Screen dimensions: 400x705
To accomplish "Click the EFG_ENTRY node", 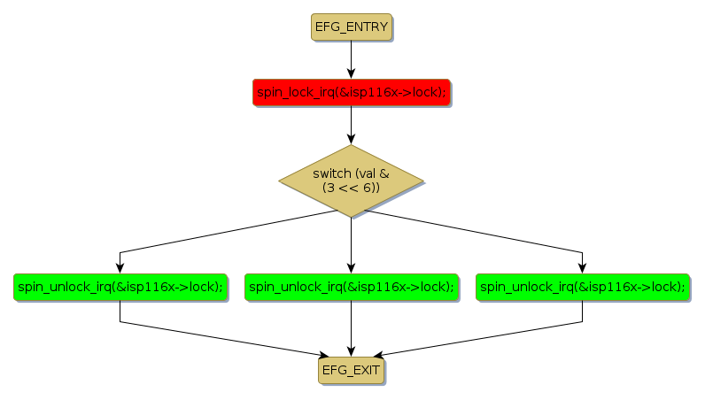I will point(352,27).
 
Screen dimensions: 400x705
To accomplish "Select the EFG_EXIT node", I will point(352,371).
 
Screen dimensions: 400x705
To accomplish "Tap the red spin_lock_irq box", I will point(352,92).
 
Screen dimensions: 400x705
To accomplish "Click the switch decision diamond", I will point(352,181).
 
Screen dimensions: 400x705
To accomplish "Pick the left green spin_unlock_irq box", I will point(120,287).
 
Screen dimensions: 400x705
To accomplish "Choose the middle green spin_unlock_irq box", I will point(352,287).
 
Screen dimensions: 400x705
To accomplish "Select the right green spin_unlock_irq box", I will point(582,287).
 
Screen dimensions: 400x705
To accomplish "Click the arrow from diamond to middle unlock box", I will point(352,241).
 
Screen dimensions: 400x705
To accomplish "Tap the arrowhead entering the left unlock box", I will point(120,267).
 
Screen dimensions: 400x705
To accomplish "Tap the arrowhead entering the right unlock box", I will point(582,267).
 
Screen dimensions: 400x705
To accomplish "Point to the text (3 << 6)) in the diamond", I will point(352,188).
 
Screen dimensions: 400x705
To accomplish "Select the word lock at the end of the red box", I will point(427,92).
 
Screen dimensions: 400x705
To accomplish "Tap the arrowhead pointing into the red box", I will point(352,73).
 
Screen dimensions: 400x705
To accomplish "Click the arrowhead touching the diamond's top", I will point(352,139).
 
